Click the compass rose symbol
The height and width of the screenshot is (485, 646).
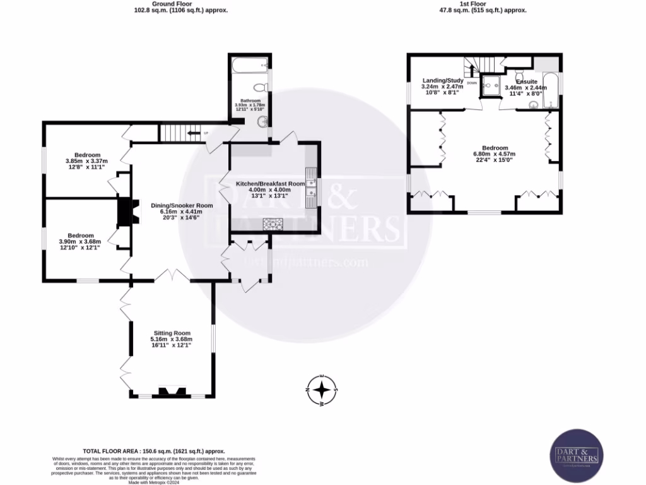coord(322,390)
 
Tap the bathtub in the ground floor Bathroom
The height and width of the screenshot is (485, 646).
coord(249,64)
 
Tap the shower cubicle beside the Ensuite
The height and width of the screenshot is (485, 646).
coord(490,86)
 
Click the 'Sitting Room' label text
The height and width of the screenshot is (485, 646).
coord(172,333)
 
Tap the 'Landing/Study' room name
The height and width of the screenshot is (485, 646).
coord(443,81)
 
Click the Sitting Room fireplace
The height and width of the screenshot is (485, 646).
coord(172,392)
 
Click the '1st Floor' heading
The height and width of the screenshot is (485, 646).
coord(483,4)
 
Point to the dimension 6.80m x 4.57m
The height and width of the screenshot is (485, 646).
coord(494,154)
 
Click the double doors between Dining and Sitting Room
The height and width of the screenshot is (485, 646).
coord(172,275)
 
